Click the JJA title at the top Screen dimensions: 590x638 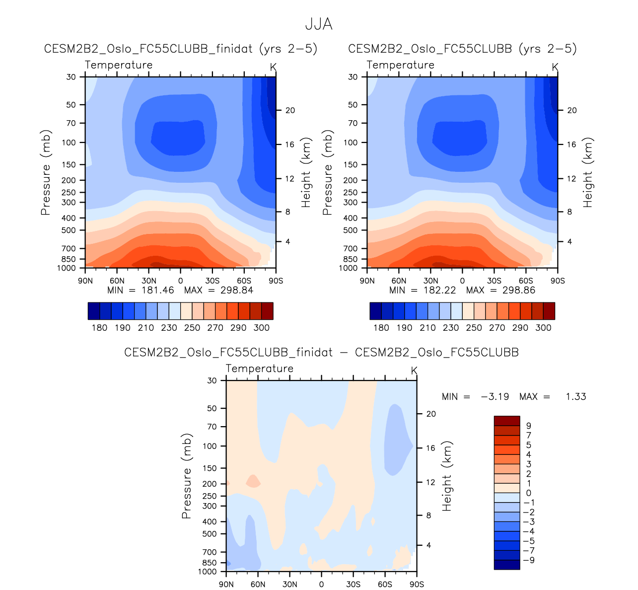318,24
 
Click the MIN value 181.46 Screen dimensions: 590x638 157,290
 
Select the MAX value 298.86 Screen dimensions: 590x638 519,290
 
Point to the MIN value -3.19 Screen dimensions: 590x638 495,397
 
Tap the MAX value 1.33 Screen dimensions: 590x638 576,397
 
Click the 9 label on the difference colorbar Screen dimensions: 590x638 529,426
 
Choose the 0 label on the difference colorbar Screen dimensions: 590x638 529,493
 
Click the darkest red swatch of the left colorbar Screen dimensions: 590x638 267,311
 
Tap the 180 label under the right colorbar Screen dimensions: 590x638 381,328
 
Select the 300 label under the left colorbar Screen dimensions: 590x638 262,328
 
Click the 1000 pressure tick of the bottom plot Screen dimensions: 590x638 207,572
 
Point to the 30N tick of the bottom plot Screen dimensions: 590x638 289,584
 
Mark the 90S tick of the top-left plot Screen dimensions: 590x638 276,281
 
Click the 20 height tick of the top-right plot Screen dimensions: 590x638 572,110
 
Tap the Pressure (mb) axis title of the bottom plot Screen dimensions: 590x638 187,476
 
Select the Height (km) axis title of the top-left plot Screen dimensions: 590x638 306,172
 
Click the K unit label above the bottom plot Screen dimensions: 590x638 414,371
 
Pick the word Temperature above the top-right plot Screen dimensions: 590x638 400,65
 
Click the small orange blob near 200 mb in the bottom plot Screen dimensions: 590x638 254,481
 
